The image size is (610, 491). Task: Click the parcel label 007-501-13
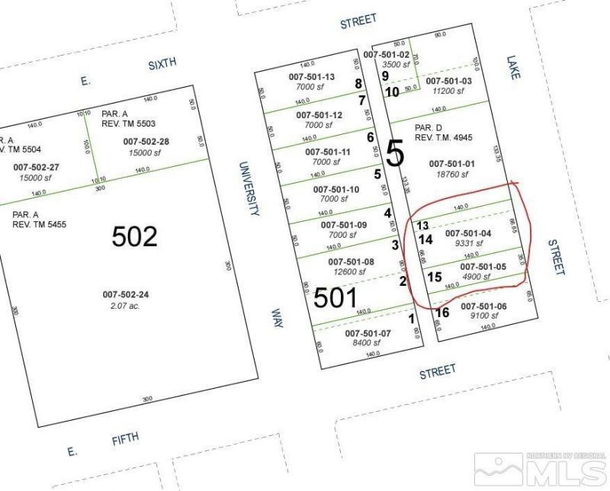(311, 77)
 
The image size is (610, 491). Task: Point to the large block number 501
(335, 297)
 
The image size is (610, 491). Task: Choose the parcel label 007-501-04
(469, 233)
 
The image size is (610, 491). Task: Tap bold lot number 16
(442, 313)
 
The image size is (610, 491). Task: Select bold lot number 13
(423, 226)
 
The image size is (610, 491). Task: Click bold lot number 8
(358, 84)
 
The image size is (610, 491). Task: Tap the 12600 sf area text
(347, 272)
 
